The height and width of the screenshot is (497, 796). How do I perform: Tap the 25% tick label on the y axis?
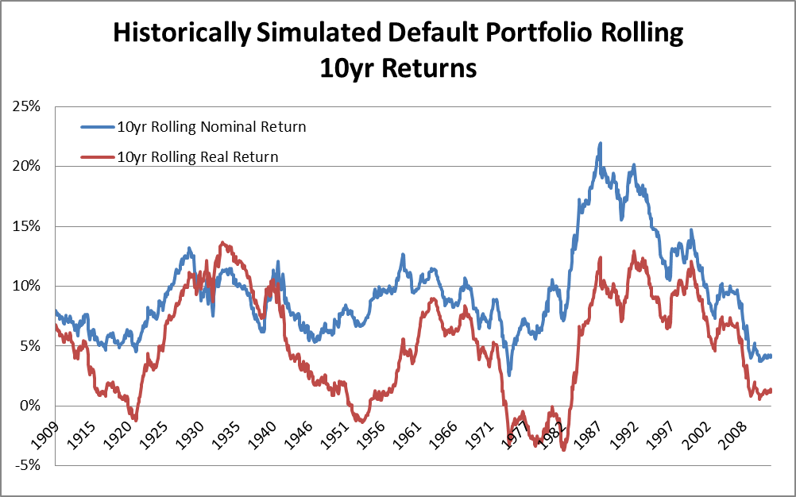pos(29,106)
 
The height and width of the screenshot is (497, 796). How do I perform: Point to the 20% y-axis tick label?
pos(29,167)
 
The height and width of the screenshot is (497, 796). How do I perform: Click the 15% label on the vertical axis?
pos(29,226)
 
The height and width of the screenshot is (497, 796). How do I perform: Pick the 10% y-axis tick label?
pos(29,286)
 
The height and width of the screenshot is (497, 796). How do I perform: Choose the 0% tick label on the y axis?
pos(33,406)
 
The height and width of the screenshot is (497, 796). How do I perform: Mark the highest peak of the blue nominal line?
pos(601,144)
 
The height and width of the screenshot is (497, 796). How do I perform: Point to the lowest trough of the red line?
pos(564,449)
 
